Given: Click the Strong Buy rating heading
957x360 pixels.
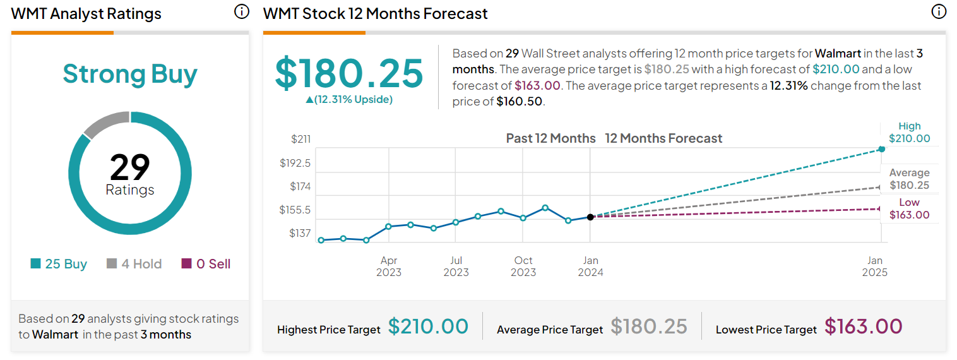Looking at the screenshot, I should pyautogui.click(x=130, y=74).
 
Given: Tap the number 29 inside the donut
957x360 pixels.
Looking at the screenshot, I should pyautogui.click(x=130, y=167).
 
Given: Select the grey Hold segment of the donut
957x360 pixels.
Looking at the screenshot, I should pyautogui.click(x=105, y=124).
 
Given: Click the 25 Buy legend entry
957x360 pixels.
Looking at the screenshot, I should pyautogui.click(x=59, y=264).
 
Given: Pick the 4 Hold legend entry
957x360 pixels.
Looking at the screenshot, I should pyautogui.click(x=134, y=264).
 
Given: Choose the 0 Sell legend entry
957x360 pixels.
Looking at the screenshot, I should pyautogui.click(x=206, y=264).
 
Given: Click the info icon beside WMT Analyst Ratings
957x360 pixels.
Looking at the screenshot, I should pyautogui.click(x=242, y=12).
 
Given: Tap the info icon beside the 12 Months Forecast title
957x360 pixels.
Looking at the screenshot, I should pyautogui.click(x=939, y=12).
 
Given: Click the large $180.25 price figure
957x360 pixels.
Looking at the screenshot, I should pyautogui.click(x=349, y=73).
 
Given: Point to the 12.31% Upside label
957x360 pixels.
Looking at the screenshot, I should pyautogui.click(x=349, y=99).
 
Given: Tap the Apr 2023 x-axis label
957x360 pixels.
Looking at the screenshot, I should pyautogui.click(x=389, y=267).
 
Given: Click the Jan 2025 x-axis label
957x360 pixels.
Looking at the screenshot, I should pyautogui.click(x=875, y=267).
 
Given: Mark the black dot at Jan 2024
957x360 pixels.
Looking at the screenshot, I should pyautogui.click(x=590, y=217).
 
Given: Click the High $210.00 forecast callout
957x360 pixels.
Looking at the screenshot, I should pyautogui.click(x=909, y=133).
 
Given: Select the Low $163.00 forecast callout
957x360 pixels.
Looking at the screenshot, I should pyautogui.click(x=909, y=209).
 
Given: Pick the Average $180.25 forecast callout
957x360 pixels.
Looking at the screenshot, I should pyautogui.click(x=909, y=179).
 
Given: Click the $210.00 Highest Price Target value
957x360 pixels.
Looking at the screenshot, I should pyautogui.click(x=428, y=327).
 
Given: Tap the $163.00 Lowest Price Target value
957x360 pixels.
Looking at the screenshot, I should pyautogui.click(x=863, y=327).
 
